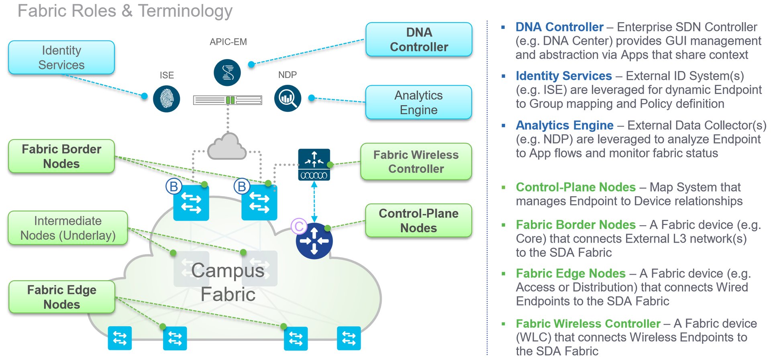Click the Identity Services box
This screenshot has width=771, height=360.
point(61,57)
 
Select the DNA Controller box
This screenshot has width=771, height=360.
point(419,39)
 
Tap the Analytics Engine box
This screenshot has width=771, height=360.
point(418,102)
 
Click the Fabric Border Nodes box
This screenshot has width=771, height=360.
point(61,156)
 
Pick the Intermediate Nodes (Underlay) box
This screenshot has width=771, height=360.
point(68,228)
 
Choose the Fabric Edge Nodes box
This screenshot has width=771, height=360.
point(62,297)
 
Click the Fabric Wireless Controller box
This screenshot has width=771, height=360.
point(416,162)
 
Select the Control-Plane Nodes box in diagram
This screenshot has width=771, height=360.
point(418,221)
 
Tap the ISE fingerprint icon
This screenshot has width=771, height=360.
point(167,99)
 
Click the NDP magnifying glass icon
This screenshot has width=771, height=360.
point(288,98)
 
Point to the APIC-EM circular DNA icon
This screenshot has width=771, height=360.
point(227,73)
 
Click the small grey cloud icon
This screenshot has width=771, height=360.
point(227,147)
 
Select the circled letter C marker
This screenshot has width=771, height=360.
point(299,226)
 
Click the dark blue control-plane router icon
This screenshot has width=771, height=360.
point(314,241)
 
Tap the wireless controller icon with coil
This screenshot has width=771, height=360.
point(314,165)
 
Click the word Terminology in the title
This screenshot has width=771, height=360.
point(185,11)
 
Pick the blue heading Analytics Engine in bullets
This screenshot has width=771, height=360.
point(564,125)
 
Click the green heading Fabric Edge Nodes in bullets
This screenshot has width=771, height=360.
point(570,274)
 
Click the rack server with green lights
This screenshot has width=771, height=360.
point(228,100)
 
